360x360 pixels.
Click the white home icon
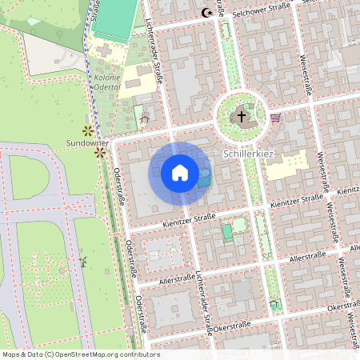point(180,172)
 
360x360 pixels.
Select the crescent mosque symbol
point(207,12)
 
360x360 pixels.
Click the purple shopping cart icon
point(276,118)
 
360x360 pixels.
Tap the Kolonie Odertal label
point(106,82)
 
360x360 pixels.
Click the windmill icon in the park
point(82,262)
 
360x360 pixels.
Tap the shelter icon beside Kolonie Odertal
point(144,119)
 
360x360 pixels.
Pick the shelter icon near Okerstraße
point(274,304)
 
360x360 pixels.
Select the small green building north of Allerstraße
point(227,232)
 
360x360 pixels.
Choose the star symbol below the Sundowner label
point(100,151)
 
